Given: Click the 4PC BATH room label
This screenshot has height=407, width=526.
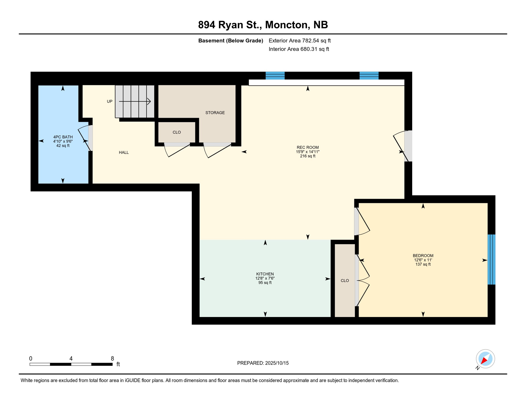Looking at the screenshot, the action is (x=63, y=137).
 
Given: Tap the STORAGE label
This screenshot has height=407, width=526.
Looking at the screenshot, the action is (x=215, y=113).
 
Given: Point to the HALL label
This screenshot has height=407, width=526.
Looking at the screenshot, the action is (x=124, y=152).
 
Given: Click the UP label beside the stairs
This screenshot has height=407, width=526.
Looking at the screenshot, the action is (x=110, y=101).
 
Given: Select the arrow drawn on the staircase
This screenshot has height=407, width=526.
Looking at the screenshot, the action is (x=135, y=101).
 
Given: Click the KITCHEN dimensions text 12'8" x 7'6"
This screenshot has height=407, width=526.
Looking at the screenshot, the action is (x=265, y=278).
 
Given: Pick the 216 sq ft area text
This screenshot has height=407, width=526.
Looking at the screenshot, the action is (x=308, y=156).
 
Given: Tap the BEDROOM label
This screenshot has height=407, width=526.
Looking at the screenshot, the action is (x=423, y=256).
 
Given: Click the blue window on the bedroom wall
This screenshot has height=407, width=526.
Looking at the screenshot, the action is (x=492, y=259).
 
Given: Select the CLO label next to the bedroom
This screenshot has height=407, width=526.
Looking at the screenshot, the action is (x=345, y=281).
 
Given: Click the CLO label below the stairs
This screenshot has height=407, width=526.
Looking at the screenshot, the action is (x=177, y=132).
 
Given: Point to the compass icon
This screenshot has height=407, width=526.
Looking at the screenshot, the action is (x=485, y=359).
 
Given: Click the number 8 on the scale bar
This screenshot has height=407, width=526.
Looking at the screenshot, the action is (x=112, y=359).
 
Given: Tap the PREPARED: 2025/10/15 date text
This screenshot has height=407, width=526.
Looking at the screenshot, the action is (x=263, y=363).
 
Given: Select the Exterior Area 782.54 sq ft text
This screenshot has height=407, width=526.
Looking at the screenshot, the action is (x=300, y=41).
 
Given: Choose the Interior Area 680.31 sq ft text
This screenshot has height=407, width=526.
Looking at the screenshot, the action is (x=299, y=49).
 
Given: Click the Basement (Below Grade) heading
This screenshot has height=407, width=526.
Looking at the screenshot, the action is (x=231, y=41).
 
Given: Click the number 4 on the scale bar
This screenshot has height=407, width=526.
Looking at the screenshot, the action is (x=71, y=359).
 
